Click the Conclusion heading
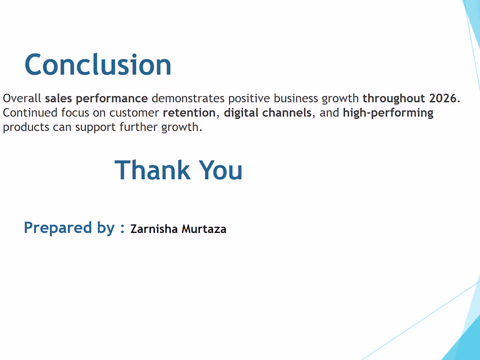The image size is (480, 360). pyautogui.click(x=98, y=65)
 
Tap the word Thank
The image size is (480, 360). pyautogui.click(x=152, y=170)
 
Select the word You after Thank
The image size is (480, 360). pyautogui.click(x=220, y=170)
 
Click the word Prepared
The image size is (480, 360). pyautogui.click(x=58, y=228)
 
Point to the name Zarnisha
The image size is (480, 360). pyautogui.click(x=154, y=229)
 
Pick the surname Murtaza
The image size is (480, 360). pyautogui.click(x=204, y=229)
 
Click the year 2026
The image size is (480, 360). pyautogui.click(x=443, y=98)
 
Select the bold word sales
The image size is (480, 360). pyautogui.click(x=58, y=98)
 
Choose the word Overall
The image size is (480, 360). pyautogui.click(x=22, y=98)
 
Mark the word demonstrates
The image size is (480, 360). pyautogui.click(x=188, y=98)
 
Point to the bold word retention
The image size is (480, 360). pyautogui.click(x=189, y=113)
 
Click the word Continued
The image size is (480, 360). pyautogui.click(x=30, y=113)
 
